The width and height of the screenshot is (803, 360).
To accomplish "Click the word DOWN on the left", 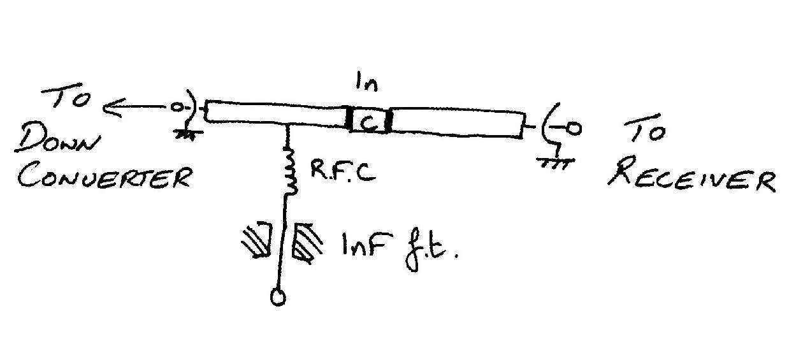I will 58,139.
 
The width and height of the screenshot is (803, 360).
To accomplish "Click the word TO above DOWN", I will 68,101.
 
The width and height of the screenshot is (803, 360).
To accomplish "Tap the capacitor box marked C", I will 370,122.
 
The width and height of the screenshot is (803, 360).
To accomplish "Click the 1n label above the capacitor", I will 366,85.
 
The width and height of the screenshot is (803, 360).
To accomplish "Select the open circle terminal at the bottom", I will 278,298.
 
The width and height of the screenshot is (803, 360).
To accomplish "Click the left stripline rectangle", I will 274,113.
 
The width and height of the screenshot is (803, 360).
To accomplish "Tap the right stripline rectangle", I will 456,122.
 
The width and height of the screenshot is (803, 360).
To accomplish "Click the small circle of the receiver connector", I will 574,129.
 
